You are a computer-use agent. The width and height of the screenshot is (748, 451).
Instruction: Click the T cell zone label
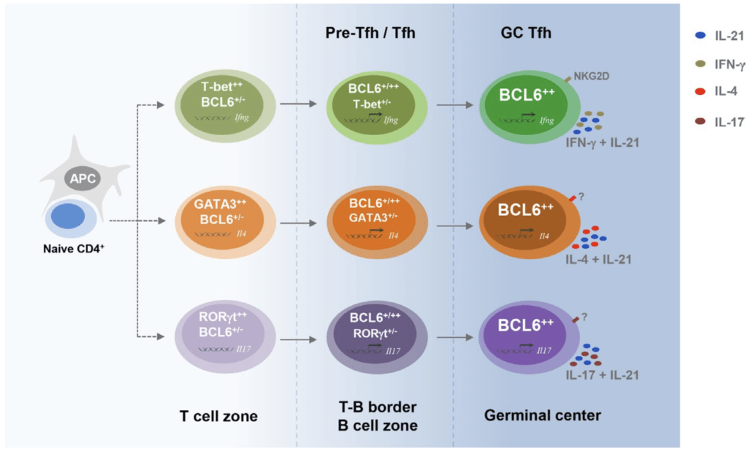click(218, 416)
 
